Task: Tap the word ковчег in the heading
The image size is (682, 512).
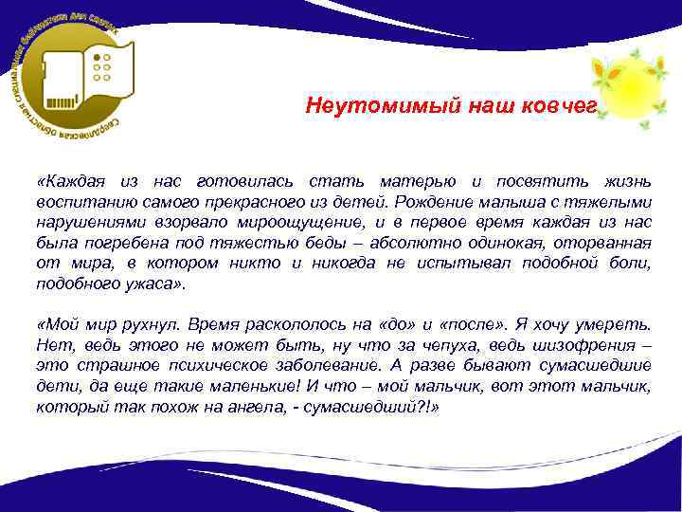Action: [x=560, y=105]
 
